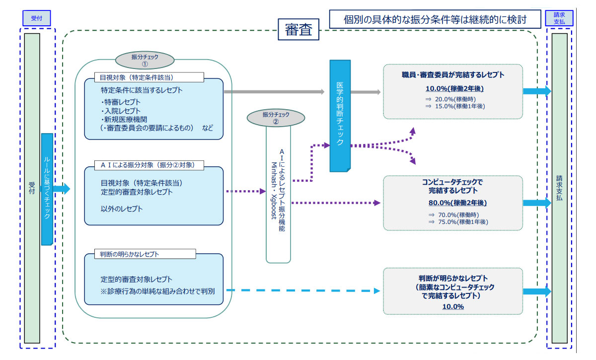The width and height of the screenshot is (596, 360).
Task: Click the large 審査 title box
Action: click(x=298, y=30)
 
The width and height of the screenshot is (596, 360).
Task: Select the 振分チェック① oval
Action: click(x=145, y=60)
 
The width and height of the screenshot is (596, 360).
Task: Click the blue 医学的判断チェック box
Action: click(x=340, y=116)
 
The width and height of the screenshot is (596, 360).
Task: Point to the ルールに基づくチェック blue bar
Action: click(x=47, y=189)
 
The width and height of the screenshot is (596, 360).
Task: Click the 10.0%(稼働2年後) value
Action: click(x=454, y=89)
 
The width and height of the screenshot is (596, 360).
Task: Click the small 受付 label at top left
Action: click(x=36, y=19)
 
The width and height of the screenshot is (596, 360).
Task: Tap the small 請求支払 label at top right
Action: click(x=559, y=18)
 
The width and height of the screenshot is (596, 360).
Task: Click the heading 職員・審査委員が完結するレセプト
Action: click(x=453, y=75)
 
